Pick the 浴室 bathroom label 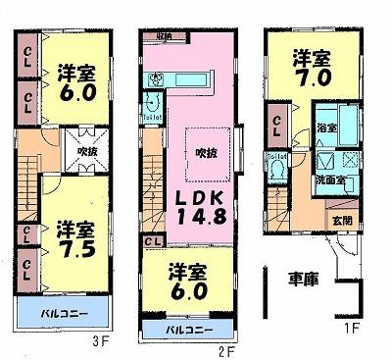point(323,129)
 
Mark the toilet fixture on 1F point(278,170)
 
